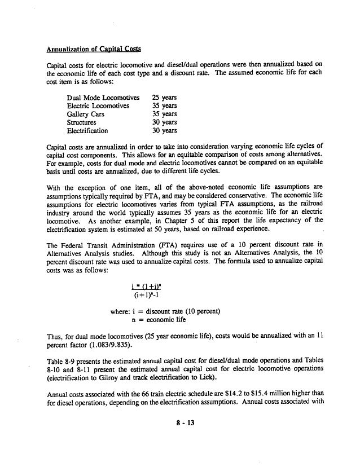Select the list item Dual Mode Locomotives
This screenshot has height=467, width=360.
click(x=103, y=97)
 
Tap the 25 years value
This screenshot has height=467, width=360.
click(x=164, y=97)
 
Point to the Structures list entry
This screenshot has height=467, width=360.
click(x=81, y=122)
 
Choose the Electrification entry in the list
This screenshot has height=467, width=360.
click(x=87, y=131)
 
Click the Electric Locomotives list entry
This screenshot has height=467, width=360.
click(x=98, y=105)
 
